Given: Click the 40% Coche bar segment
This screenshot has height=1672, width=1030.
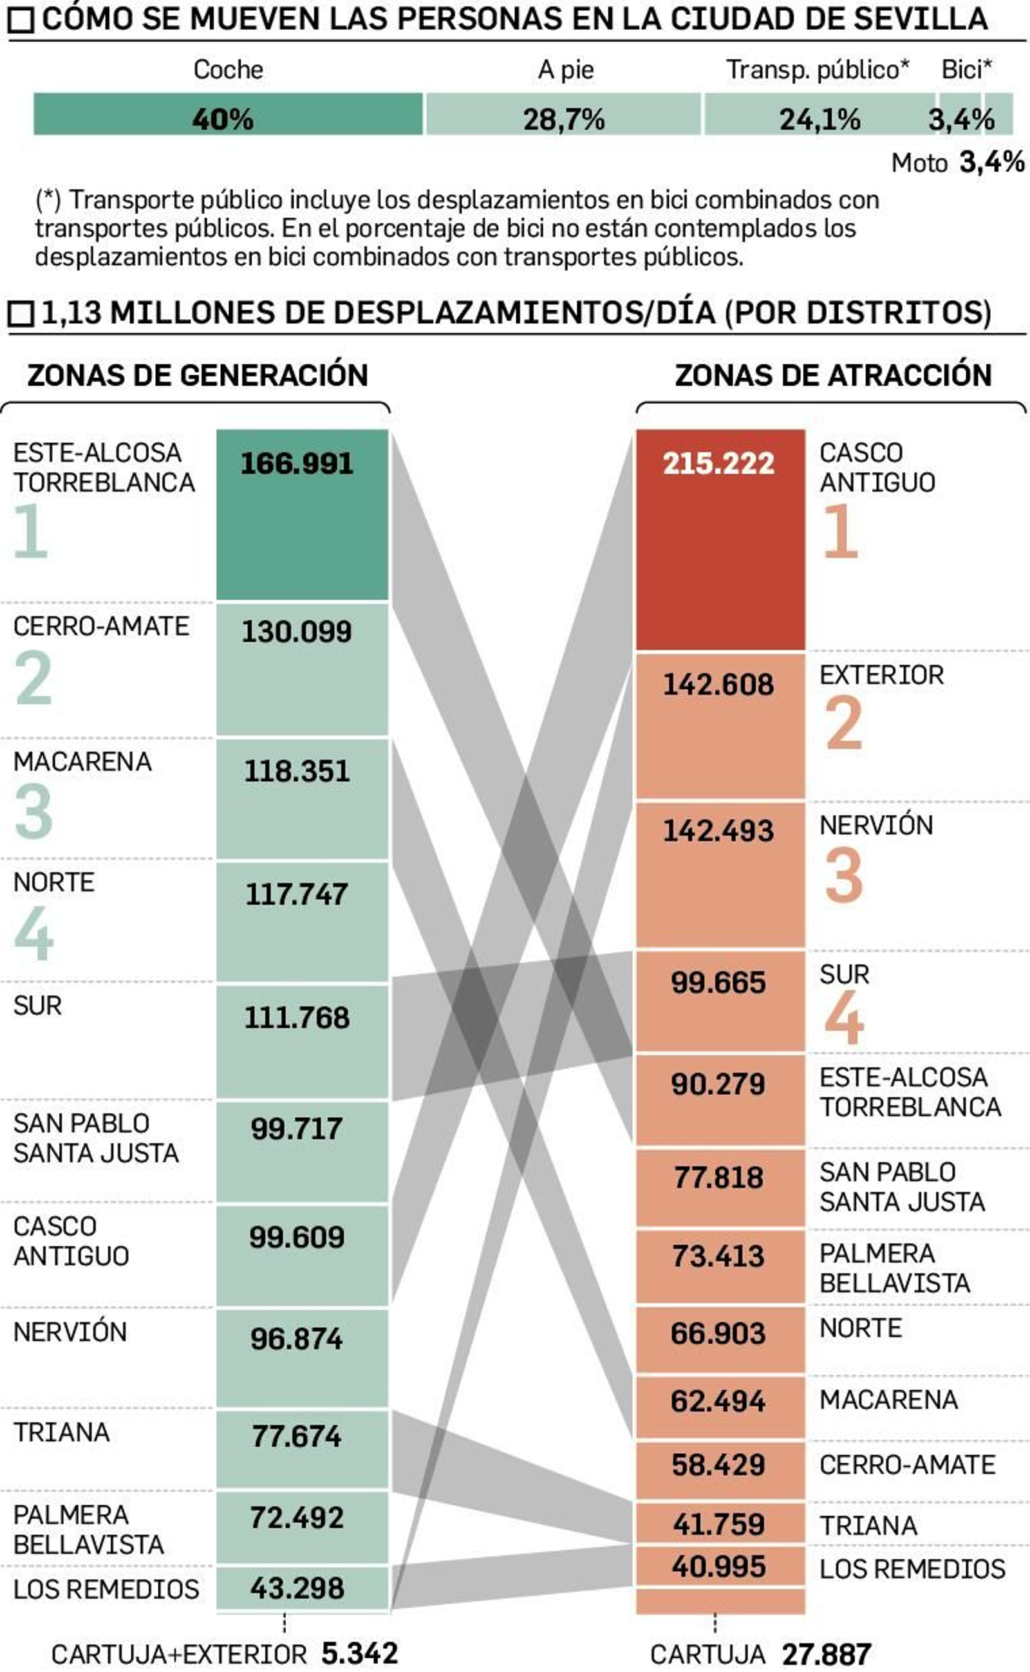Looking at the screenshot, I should tap(227, 115).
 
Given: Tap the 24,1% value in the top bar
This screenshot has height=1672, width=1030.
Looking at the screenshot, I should tap(819, 120).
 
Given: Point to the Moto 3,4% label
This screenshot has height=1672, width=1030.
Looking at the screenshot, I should tap(957, 162).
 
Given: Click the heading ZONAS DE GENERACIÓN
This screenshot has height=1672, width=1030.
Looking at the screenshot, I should tap(198, 375).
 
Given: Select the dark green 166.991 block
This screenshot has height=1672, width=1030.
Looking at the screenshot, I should tap(302, 516).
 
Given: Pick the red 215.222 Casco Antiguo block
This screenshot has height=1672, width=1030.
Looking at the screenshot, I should tap(720, 539).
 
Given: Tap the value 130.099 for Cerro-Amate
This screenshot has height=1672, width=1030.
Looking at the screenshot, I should tap(296, 632).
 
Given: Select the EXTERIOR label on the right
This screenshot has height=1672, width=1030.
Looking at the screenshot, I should tap(881, 675).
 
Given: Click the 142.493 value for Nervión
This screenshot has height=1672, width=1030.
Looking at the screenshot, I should tap(718, 830).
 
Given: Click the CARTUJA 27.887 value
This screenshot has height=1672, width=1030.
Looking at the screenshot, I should tap(826, 1654).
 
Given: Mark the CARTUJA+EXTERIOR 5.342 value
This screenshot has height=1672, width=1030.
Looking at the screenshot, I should tap(359, 1653).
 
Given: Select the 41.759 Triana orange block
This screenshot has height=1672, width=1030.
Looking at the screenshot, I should tap(720, 1523).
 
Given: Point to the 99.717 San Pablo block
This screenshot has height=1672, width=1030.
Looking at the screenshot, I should tap(302, 1151).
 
